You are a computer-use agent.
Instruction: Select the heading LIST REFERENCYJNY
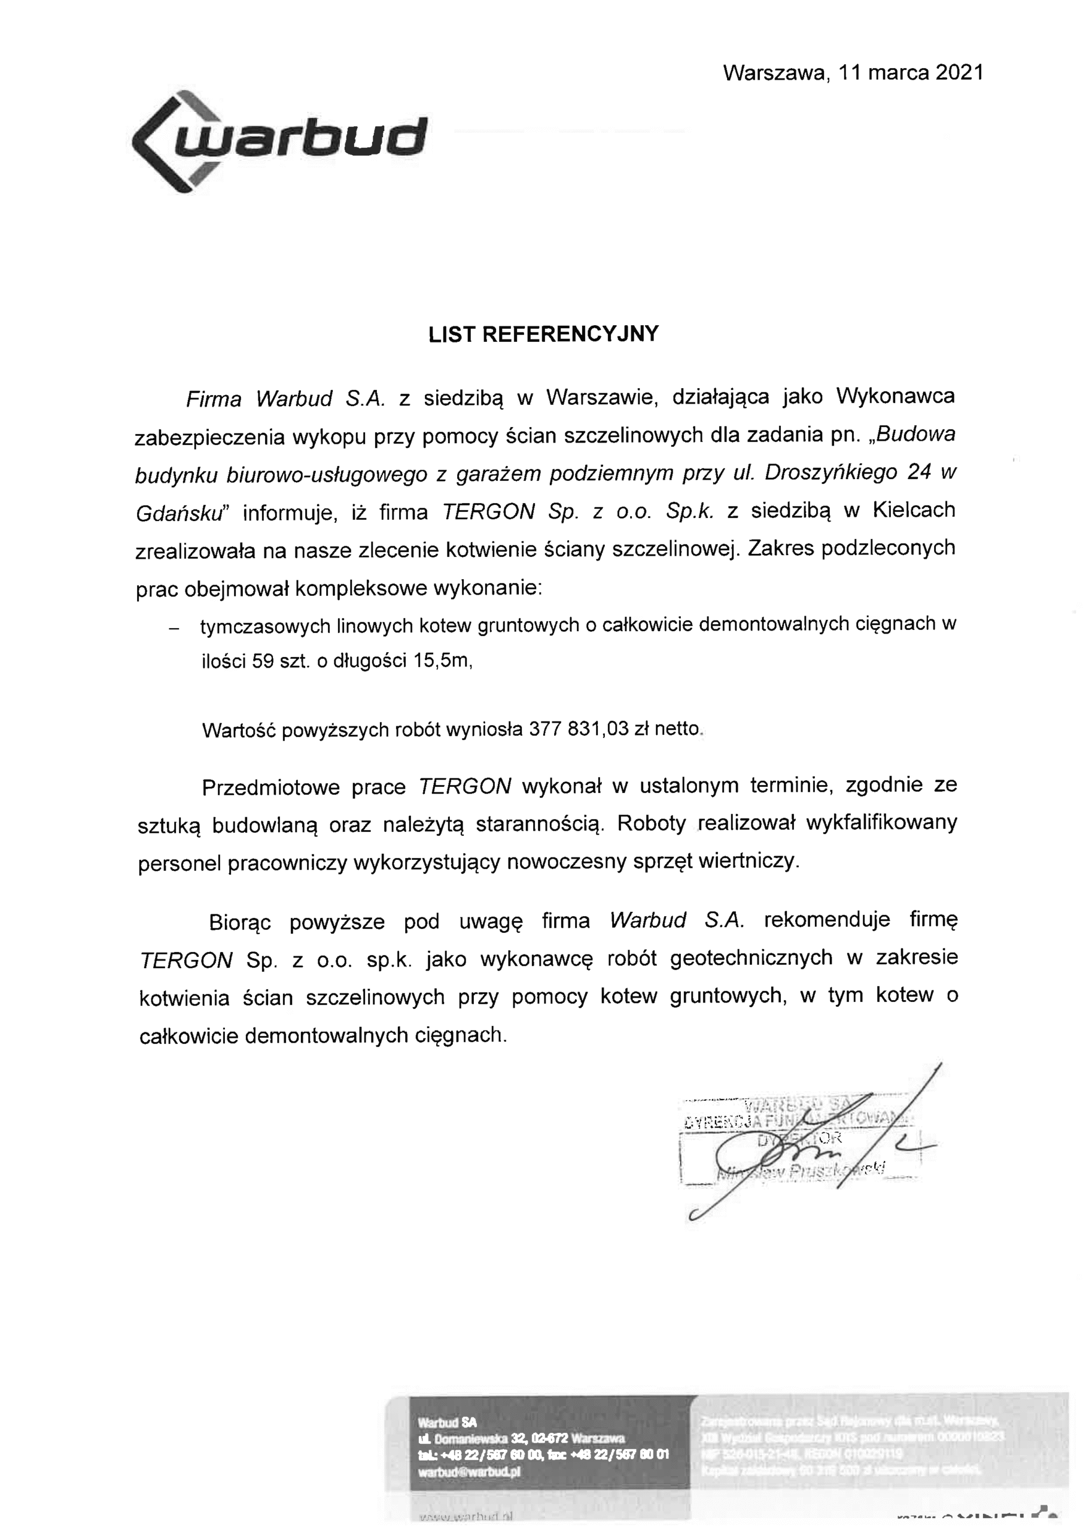tap(543, 334)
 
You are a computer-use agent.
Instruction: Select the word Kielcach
tap(914, 511)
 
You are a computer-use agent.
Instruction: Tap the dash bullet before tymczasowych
tap(174, 628)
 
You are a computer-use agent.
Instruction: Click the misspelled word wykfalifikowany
tap(881, 823)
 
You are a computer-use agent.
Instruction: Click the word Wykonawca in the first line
tap(895, 396)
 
